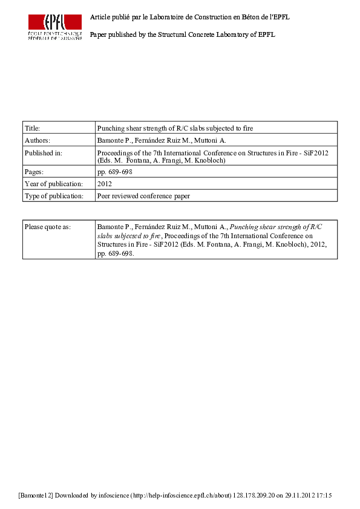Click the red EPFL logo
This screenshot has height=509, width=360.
pos(54,27)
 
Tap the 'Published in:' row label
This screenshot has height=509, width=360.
pos(42,154)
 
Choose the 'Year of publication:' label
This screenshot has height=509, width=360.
pos(53,184)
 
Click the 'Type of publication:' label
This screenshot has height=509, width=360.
pos(53,196)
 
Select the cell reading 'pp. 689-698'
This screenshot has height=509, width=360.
pos(114,172)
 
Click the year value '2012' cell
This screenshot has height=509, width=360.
pos(105,184)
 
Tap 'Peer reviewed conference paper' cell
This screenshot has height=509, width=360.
pos(143,196)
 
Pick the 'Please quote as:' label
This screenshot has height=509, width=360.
pos(48,227)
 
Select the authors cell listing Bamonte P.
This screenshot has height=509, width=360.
pos(162,140)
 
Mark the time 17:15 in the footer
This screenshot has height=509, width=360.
pos(325,496)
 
